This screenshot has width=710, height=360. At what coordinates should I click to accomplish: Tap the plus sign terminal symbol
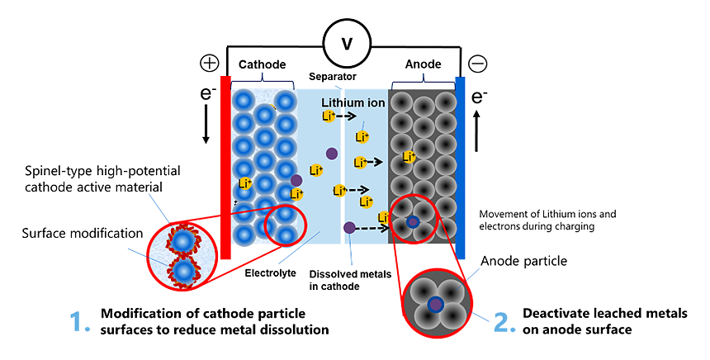click(x=209, y=64)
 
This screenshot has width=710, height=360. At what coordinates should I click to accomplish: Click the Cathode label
click(x=263, y=64)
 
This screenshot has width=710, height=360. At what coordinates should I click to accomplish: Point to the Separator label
click(x=333, y=77)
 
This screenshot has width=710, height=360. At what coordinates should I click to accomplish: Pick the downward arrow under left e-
click(x=206, y=128)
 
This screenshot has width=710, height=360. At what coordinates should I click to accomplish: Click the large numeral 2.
click(x=504, y=322)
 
